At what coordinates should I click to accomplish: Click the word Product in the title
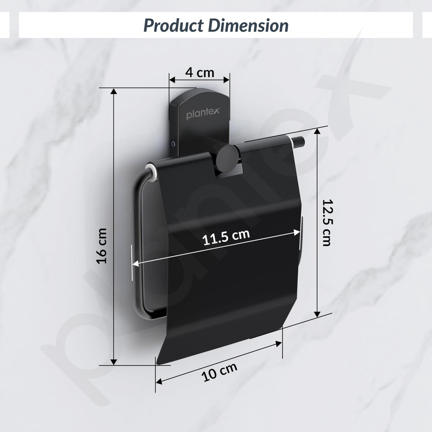coord(174,26)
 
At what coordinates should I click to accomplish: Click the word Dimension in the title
coord(248,26)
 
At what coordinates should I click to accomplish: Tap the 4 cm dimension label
coord(199,73)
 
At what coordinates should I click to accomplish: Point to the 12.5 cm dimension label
coord(327,223)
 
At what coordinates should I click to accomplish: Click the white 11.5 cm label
coord(226,237)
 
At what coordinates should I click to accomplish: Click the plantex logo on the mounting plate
coord(203,113)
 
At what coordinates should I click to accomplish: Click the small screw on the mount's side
coord(173,144)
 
